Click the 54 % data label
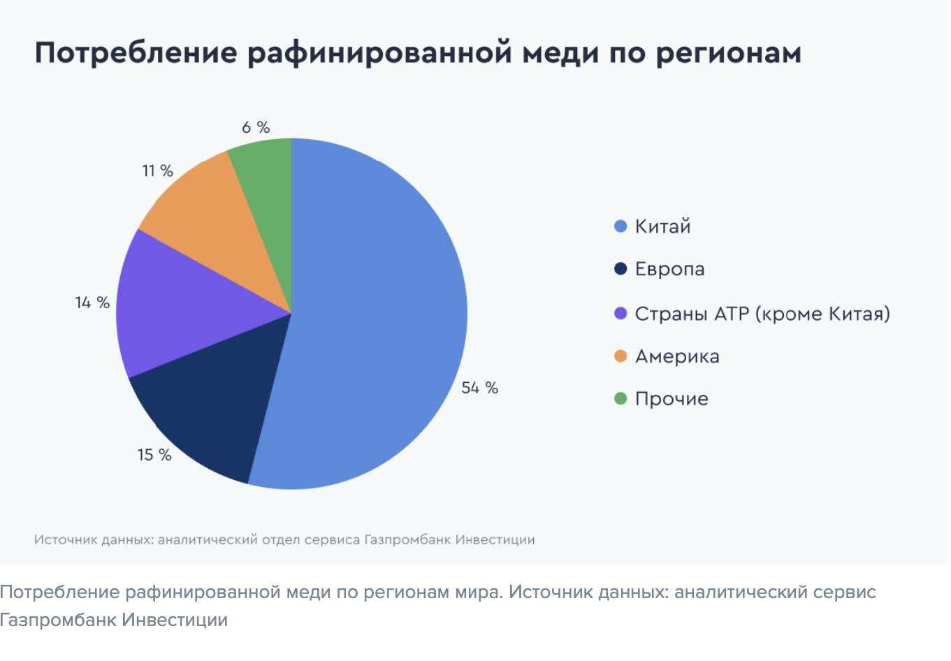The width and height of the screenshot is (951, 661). click(x=479, y=388)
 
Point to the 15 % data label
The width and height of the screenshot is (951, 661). click(x=154, y=455)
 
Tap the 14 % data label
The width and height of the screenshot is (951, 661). click(x=92, y=303)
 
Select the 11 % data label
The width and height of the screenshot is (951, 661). click(x=157, y=170)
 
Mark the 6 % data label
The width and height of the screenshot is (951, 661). click(x=256, y=127)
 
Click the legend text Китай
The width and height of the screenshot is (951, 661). click(x=662, y=226)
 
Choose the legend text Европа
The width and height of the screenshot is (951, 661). click(x=669, y=270)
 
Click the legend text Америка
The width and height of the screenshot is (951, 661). click(x=676, y=356)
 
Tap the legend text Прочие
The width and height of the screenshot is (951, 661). click(x=671, y=399)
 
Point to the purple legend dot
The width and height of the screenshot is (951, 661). click(x=620, y=313)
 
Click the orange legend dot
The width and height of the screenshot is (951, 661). click(x=620, y=356)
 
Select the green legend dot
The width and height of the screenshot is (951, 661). click(x=620, y=399)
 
